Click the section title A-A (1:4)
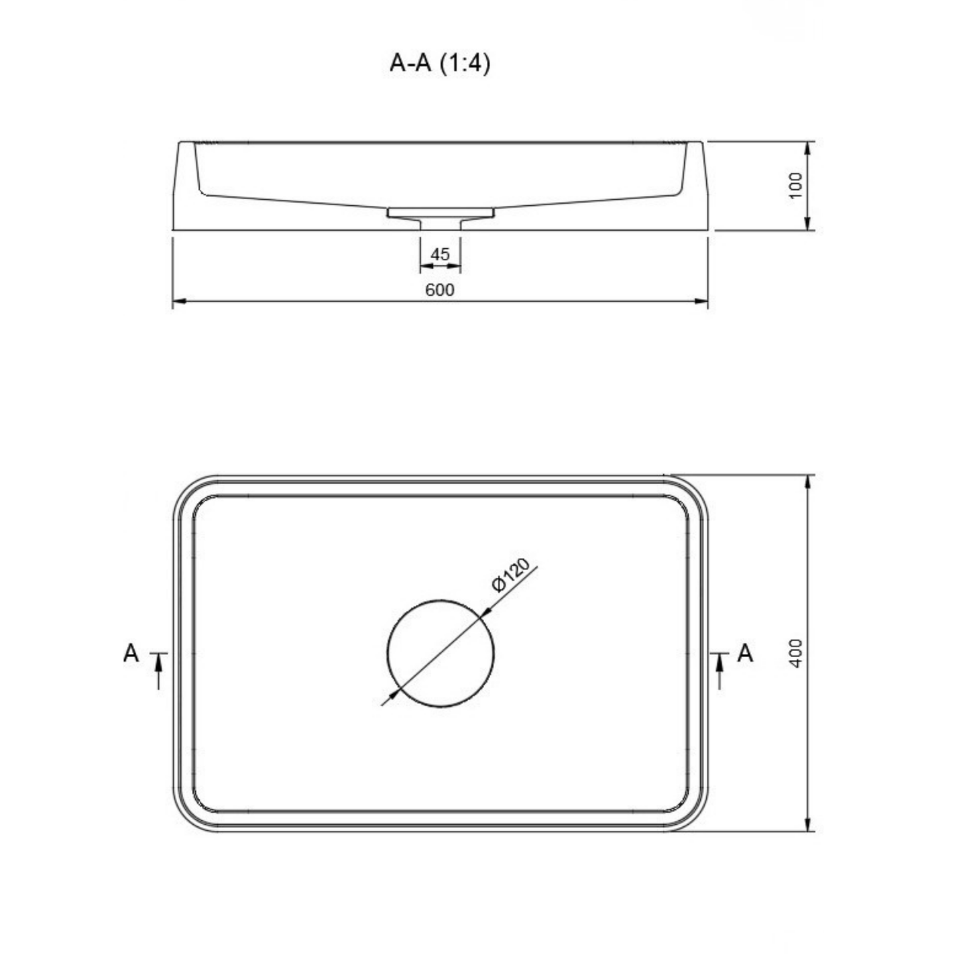pos(439,64)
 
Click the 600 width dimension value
pos(439,290)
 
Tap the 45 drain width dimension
pos(440,254)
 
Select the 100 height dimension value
pos(795,186)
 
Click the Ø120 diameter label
pos(512,576)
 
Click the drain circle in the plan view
pos(441,600)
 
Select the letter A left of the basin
pos(131,654)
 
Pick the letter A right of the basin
pos(745,654)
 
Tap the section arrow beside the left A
pos(158,671)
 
